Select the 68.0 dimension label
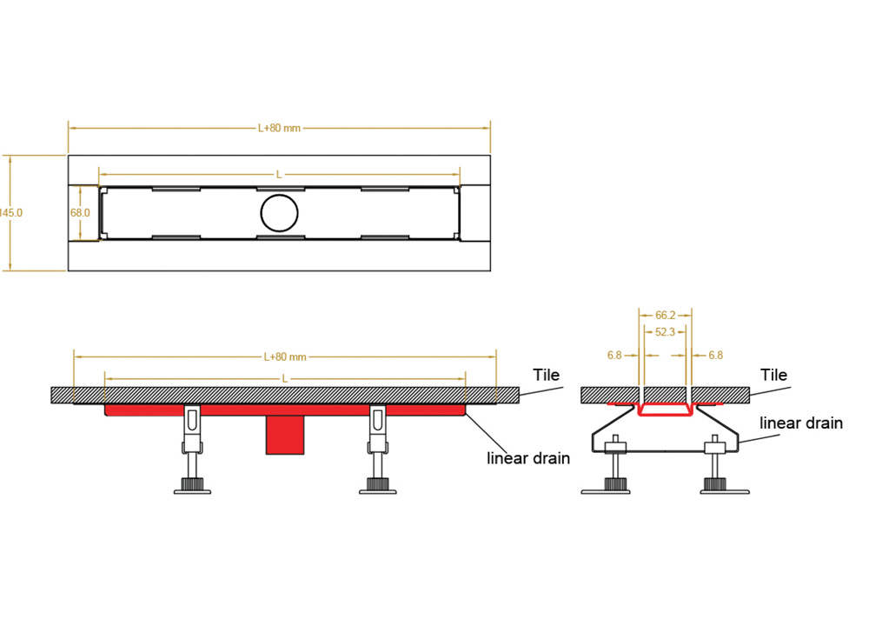pos(80,213)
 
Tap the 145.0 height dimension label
pos(12,213)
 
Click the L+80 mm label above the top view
pos(279,128)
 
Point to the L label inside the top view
pos(279,175)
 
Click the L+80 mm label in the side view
pos(285,356)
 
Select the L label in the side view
pos(285,379)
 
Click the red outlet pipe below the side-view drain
pos(285,434)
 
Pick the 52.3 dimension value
pos(666,332)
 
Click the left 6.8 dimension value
pos(614,355)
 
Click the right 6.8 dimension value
pos(715,355)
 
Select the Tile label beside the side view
pos(547,376)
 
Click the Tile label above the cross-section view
pos(773,376)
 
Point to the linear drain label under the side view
pos(528,458)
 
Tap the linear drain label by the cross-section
pos(801,423)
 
